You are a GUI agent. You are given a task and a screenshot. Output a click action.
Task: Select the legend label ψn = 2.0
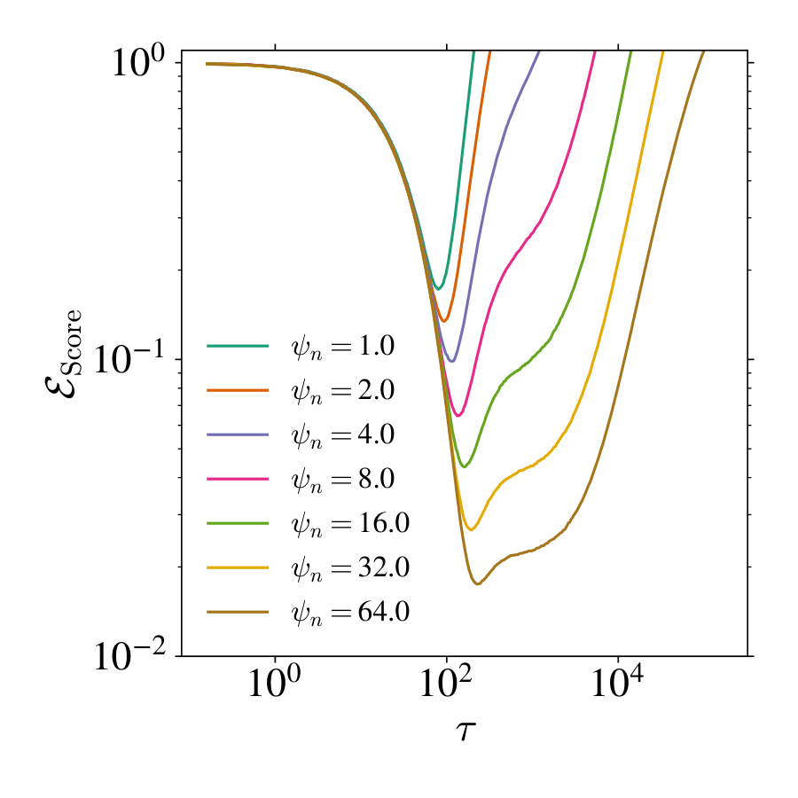[341, 390]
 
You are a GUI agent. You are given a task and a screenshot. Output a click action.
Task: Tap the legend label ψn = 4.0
[341, 434]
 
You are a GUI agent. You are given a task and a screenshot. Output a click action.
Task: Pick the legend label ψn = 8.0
[341, 479]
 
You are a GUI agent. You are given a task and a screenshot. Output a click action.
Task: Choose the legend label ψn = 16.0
[349, 523]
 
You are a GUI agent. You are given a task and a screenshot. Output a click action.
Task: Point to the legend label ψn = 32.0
[349, 567]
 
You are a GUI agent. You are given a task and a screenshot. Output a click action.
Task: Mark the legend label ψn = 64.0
[349, 612]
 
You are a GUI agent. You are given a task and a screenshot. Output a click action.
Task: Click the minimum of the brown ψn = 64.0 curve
[478, 583]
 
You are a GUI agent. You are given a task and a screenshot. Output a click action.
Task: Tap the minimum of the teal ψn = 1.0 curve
[438, 289]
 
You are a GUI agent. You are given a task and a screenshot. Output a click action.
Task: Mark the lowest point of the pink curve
[458, 416]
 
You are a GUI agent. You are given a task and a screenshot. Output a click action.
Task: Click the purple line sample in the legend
[238, 434]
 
